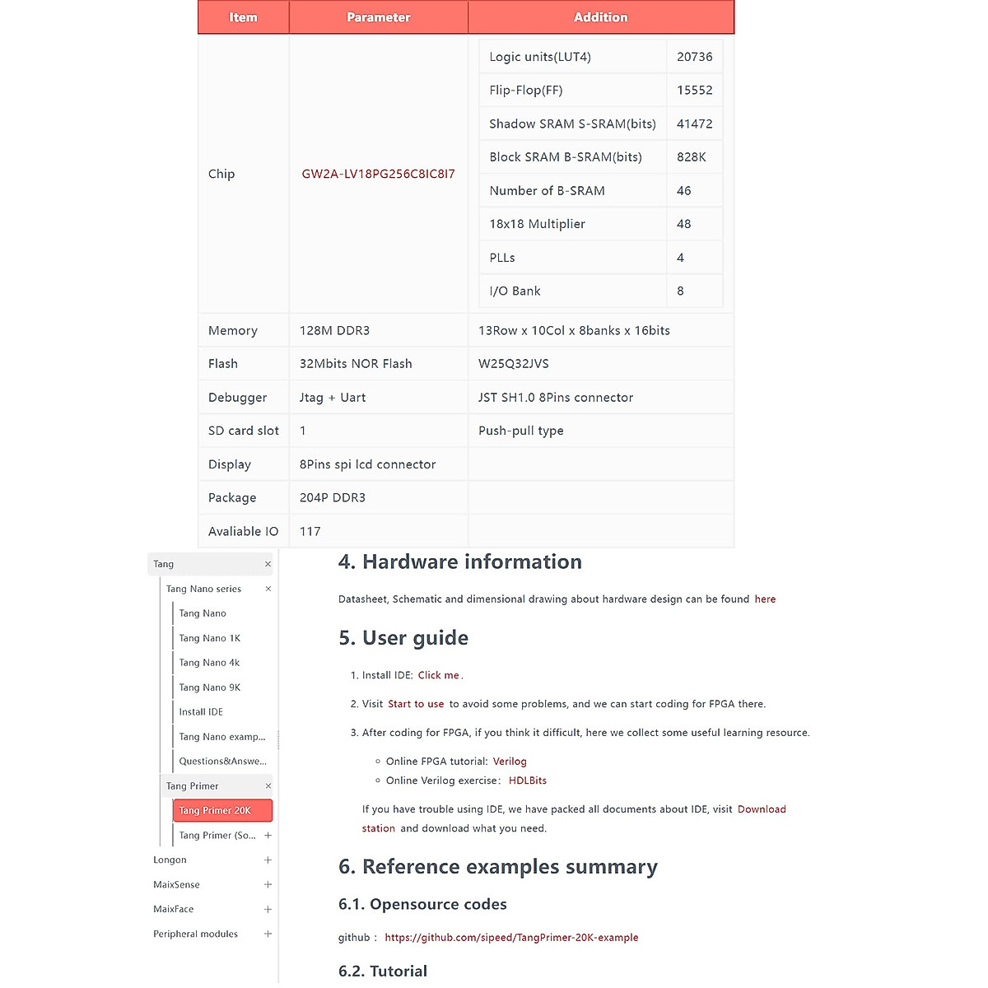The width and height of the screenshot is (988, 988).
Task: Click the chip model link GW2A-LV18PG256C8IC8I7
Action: [x=378, y=174]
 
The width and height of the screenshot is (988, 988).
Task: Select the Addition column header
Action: [x=600, y=17]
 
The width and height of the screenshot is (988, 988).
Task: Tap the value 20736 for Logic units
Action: [x=694, y=57]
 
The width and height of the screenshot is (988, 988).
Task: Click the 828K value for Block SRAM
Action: [x=691, y=156]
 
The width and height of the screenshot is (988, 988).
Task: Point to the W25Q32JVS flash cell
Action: [x=514, y=364]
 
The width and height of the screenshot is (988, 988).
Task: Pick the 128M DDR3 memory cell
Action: [x=334, y=330]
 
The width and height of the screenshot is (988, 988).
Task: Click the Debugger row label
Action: [x=237, y=398]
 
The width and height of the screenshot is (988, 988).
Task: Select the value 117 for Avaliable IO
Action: [x=310, y=531]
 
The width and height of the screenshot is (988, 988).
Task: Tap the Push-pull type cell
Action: [x=521, y=431]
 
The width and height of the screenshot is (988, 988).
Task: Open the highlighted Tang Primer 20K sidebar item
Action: [x=216, y=810]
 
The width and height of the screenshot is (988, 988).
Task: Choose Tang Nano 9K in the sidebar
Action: [x=210, y=687]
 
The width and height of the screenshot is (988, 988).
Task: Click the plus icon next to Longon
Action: [x=268, y=860]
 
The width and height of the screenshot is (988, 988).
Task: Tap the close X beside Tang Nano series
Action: [x=268, y=589]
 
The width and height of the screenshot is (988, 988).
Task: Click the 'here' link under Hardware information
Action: [x=765, y=599]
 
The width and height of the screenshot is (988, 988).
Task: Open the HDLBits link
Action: [x=528, y=781]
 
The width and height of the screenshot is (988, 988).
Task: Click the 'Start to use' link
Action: [x=416, y=704]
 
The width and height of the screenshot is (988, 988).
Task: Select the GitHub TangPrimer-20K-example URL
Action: [x=511, y=938]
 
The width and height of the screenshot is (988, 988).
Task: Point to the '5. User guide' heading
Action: [x=403, y=638]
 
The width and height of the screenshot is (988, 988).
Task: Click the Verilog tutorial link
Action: [x=510, y=762]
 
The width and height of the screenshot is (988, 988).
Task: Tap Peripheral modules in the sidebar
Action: [x=195, y=934]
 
